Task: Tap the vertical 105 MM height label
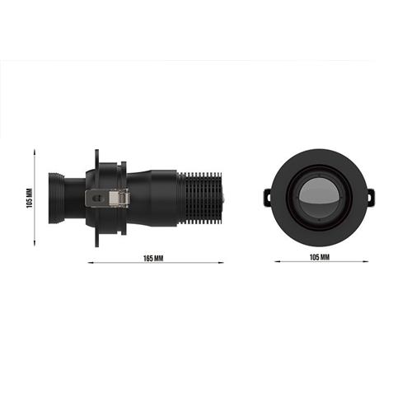pos(28,198)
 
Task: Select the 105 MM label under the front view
pos(319,258)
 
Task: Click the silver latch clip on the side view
pos(109,199)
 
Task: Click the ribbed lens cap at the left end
pos(58,198)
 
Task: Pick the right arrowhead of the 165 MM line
pos(222,264)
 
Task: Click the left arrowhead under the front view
pos(274,264)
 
